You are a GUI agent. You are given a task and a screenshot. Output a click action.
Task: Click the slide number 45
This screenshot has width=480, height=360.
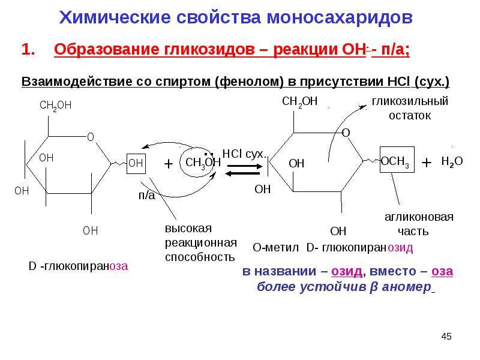coord(446,337)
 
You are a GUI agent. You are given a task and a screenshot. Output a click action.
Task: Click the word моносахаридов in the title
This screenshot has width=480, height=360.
coord(340,17)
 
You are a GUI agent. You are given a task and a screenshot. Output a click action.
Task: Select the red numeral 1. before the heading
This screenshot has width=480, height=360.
coord(28,49)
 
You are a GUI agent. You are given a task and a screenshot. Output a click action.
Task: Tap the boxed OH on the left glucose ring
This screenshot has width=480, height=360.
coord(136,163)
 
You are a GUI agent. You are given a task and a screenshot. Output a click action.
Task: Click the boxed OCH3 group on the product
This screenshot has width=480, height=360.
coord(397,160)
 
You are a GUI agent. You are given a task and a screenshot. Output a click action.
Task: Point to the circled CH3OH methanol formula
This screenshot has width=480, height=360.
coord(203,163)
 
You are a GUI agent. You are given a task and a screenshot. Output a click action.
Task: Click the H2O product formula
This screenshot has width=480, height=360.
coord(452,161)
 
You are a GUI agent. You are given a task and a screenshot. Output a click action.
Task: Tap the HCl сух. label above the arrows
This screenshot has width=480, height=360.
coord(245,154)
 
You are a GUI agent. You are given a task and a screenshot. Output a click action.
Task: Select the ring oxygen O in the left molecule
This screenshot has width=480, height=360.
coord(91,137)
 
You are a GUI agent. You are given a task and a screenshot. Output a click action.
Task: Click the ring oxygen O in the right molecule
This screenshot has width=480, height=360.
coord(346,133)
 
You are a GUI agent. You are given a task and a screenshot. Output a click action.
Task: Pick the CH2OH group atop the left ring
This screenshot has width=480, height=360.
coord(55,106)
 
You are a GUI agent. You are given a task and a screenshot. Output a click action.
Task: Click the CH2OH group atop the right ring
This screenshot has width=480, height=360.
coord(299,101)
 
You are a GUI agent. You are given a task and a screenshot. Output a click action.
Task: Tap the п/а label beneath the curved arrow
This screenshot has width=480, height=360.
coord(147,196)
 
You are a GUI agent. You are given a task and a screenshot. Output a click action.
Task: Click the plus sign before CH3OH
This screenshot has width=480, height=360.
coord(169,164)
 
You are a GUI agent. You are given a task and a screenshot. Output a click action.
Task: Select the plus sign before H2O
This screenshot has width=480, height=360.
coord(427,163)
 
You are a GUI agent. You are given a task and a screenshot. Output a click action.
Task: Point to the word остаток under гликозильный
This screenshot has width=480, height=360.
coord(410,116)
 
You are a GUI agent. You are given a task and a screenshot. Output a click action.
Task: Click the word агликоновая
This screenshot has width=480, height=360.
coord(419,217)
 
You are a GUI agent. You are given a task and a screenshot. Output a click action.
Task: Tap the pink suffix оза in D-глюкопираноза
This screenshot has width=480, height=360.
coord(119,266)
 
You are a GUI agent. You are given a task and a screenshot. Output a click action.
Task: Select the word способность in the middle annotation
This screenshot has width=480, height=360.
coord(200,257)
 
